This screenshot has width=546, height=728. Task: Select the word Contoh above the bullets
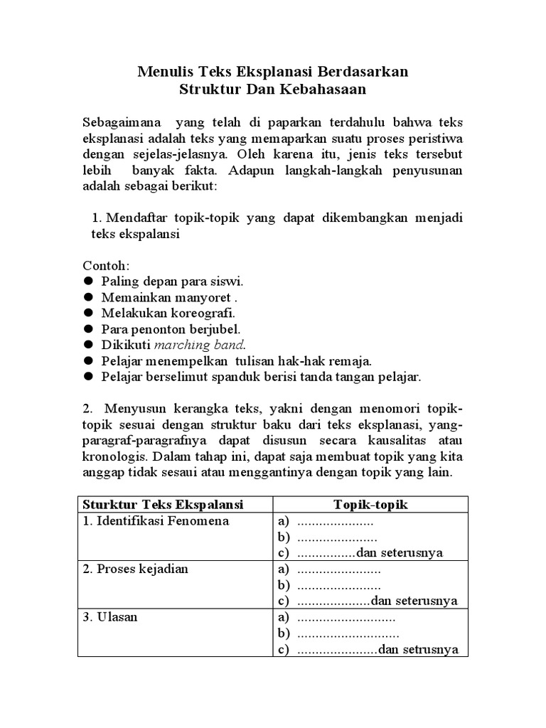(x=105, y=264)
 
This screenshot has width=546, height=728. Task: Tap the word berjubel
(x=216, y=329)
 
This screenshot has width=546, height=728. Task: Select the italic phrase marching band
(x=199, y=345)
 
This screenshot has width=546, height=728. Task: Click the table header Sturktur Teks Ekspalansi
(x=163, y=504)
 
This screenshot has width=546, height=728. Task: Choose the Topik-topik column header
(x=370, y=504)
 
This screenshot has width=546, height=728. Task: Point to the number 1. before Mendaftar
(x=98, y=218)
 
